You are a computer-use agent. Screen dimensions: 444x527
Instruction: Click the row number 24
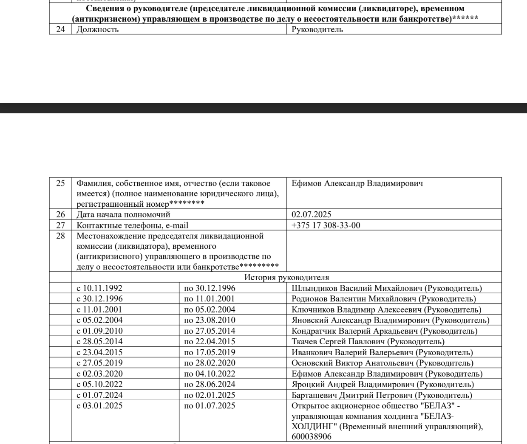pyautogui.click(x=60, y=29)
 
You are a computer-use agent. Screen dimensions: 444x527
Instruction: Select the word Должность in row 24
pyautogui.click(x=97, y=29)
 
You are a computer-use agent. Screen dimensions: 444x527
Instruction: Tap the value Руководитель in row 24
pyautogui.click(x=317, y=29)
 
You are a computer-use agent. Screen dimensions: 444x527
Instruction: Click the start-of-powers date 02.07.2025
pyautogui.click(x=312, y=214)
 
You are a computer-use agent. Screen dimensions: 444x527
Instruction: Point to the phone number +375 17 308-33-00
pyautogui.click(x=326, y=225)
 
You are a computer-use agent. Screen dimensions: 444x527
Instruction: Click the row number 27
pyautogui.click(x=60, y=225)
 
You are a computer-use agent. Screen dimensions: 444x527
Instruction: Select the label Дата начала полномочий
pyautogui.click(x=123, y=214)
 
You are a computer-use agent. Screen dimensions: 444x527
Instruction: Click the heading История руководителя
pyautogui.click(x=286, y=278)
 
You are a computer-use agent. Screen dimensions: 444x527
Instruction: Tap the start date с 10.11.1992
pyautogui.click(x=99, y=288)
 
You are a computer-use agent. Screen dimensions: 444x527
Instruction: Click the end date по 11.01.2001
pyautogui.click(x=209, y=299)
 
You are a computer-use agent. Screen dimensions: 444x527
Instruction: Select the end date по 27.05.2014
pyautogui.click(x=209, y=331)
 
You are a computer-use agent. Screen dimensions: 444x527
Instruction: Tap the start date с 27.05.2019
pyautogui.click(x=99, y=363)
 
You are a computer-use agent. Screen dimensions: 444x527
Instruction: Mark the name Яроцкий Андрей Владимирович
pyautogui.click(x=353, y=385)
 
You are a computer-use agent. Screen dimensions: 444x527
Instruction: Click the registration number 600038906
pyautogui.click(x=312, y=437)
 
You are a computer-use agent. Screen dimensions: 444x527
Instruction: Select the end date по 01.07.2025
pyautogui.click(x=209, y=406)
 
